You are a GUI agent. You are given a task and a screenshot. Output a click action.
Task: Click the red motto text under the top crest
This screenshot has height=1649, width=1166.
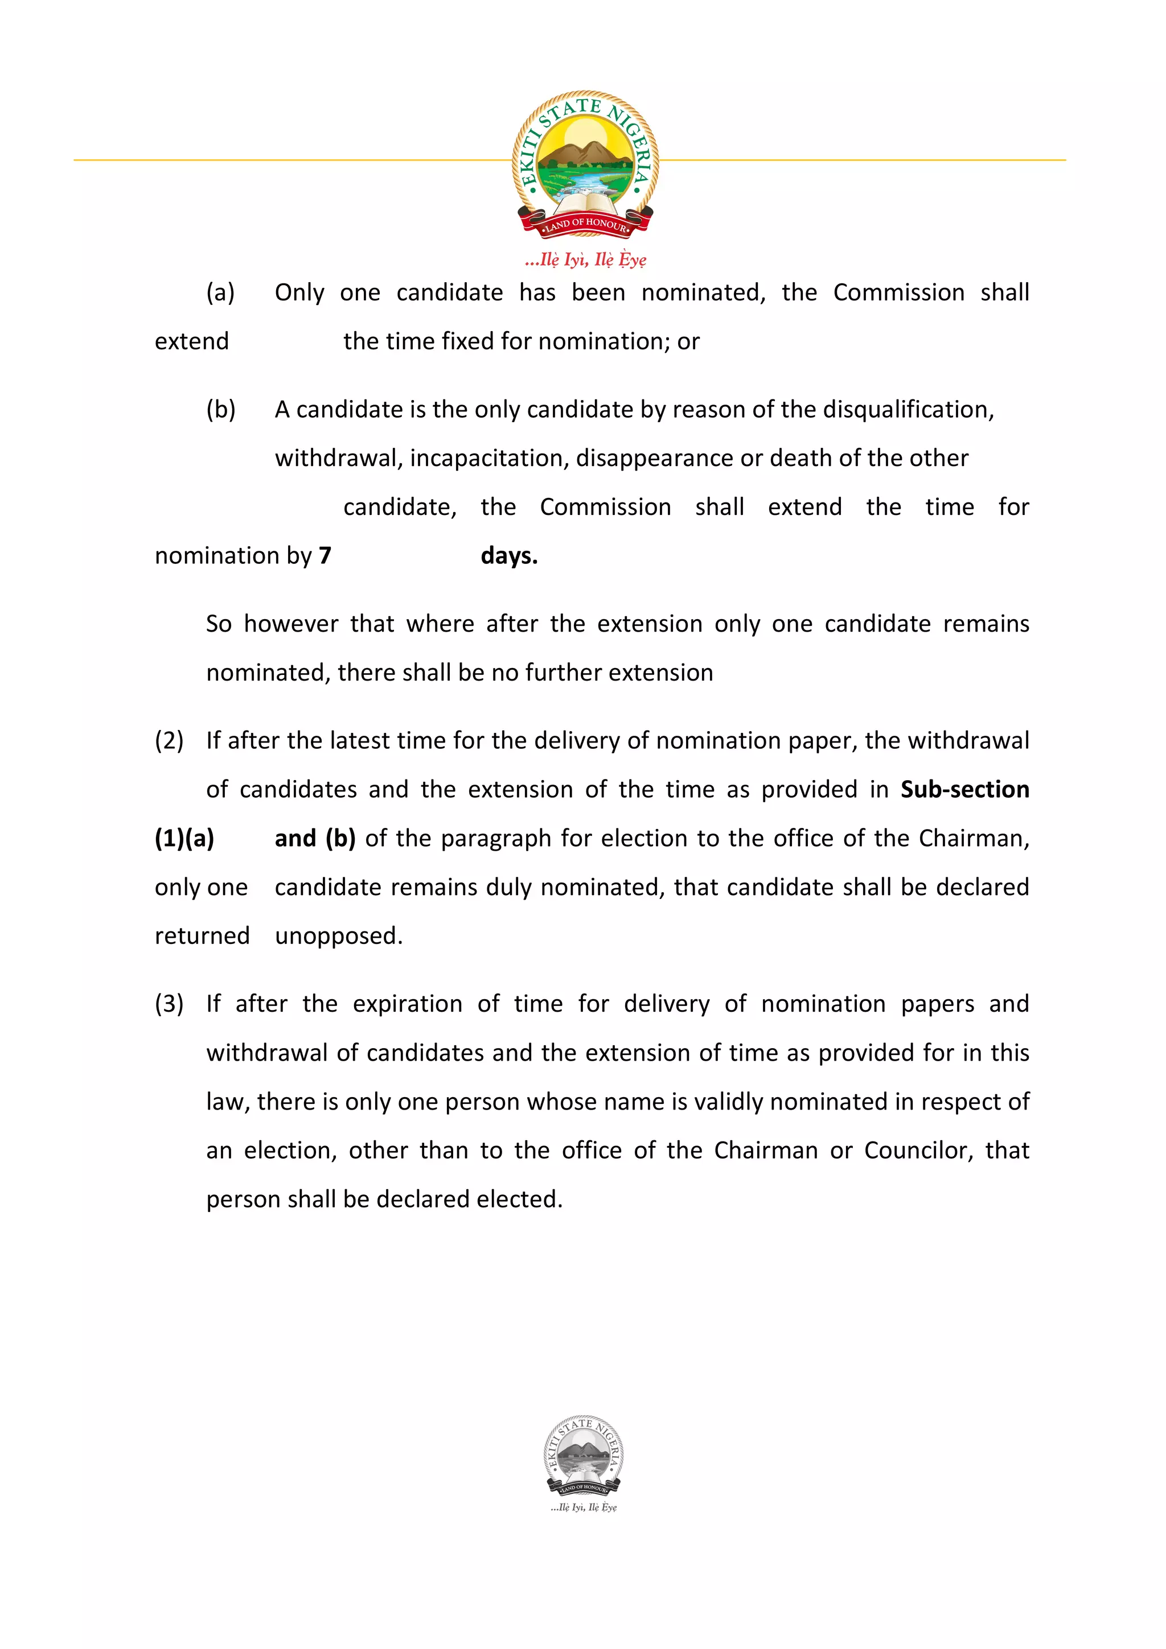click(585, 259)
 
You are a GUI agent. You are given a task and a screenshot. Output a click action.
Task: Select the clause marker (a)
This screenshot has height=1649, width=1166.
click(220, 292)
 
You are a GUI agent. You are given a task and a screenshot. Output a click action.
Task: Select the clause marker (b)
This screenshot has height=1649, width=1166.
click(220, 409)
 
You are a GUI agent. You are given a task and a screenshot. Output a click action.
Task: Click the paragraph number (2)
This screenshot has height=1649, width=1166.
click(169, 740)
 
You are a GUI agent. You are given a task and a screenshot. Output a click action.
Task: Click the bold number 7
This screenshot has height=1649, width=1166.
click(325, 555)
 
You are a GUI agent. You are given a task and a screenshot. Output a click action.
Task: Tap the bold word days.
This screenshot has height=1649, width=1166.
click(508, 555)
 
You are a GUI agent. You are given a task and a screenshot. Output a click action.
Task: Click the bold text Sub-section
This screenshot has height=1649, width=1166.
click(964, 789)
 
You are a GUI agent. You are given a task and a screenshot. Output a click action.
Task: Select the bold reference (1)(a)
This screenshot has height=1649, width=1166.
click(184, 838)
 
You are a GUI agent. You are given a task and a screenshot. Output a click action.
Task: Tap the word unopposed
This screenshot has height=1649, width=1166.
click(338, 936)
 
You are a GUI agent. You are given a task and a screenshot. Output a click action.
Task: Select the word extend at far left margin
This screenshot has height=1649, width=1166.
click(192, 341)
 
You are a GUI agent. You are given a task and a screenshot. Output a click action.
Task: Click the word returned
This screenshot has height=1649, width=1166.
click(202, 936)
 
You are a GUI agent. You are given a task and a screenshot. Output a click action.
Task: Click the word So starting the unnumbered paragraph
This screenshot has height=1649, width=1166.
click(219, 624)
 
